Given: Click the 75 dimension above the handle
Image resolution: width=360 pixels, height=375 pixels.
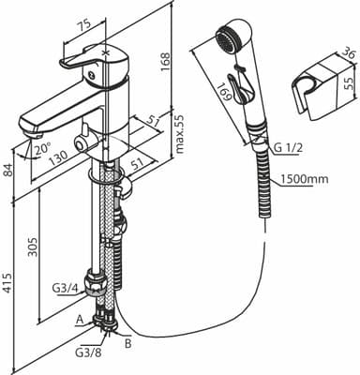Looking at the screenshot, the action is click(82, 24).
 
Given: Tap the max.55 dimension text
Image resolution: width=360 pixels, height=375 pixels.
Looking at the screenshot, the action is click(180, 133).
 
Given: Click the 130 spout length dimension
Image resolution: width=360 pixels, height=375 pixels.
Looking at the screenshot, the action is click(58, 157).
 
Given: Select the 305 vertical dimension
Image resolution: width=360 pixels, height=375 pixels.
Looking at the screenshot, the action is click(32, 247).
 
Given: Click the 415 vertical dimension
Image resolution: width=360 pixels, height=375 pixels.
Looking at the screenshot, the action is click(8, 283).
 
